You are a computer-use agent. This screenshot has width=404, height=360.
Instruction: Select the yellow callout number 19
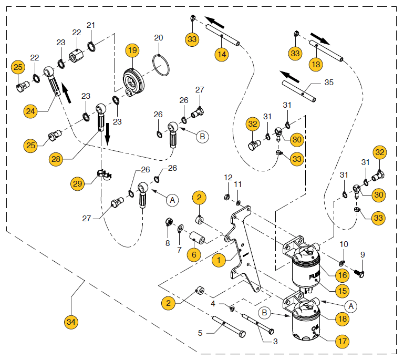pos(132,51)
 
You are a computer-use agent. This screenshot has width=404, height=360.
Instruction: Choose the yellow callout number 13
pos(316,64)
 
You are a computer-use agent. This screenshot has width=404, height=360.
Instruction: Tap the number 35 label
pos(329,83)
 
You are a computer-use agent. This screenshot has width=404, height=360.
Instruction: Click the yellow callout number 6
pos(194,254)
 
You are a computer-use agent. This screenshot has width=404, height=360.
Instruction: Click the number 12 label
pos(227,177)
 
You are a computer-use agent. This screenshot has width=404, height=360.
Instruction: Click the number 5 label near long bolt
pos(200,332)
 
